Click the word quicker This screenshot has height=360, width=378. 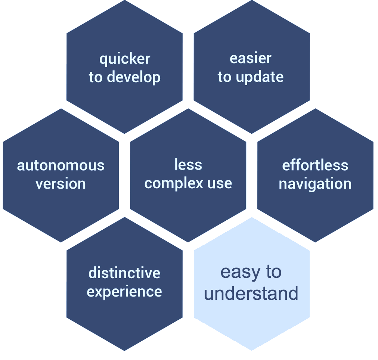(x=125, y=59)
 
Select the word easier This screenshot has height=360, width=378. (x=251, y=58)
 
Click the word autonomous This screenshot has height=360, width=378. (x=61, y=165)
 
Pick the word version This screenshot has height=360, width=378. (x=61, y=184)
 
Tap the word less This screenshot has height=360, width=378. (x=188, y=165)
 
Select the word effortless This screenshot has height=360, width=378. (x=315, y=165)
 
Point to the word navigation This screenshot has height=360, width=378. (x=315, y=184)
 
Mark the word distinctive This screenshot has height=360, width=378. (x=124, y=273)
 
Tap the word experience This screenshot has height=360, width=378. (x=124, y=292)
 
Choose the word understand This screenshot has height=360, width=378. (x=251, y=293)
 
